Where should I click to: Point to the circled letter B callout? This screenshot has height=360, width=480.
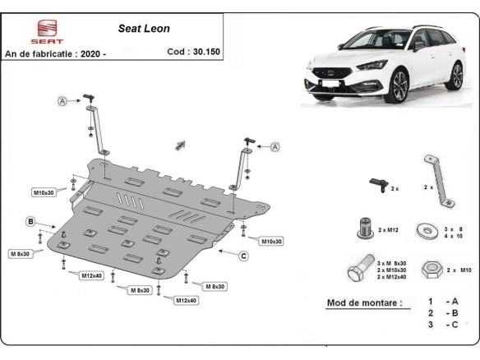tap(30, 221)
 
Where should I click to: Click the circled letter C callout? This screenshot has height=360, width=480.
tap(244, 255)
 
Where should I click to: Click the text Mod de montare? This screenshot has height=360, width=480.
tap(364, 302)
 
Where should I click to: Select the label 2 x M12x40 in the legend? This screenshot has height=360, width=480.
tap(392, 277)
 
